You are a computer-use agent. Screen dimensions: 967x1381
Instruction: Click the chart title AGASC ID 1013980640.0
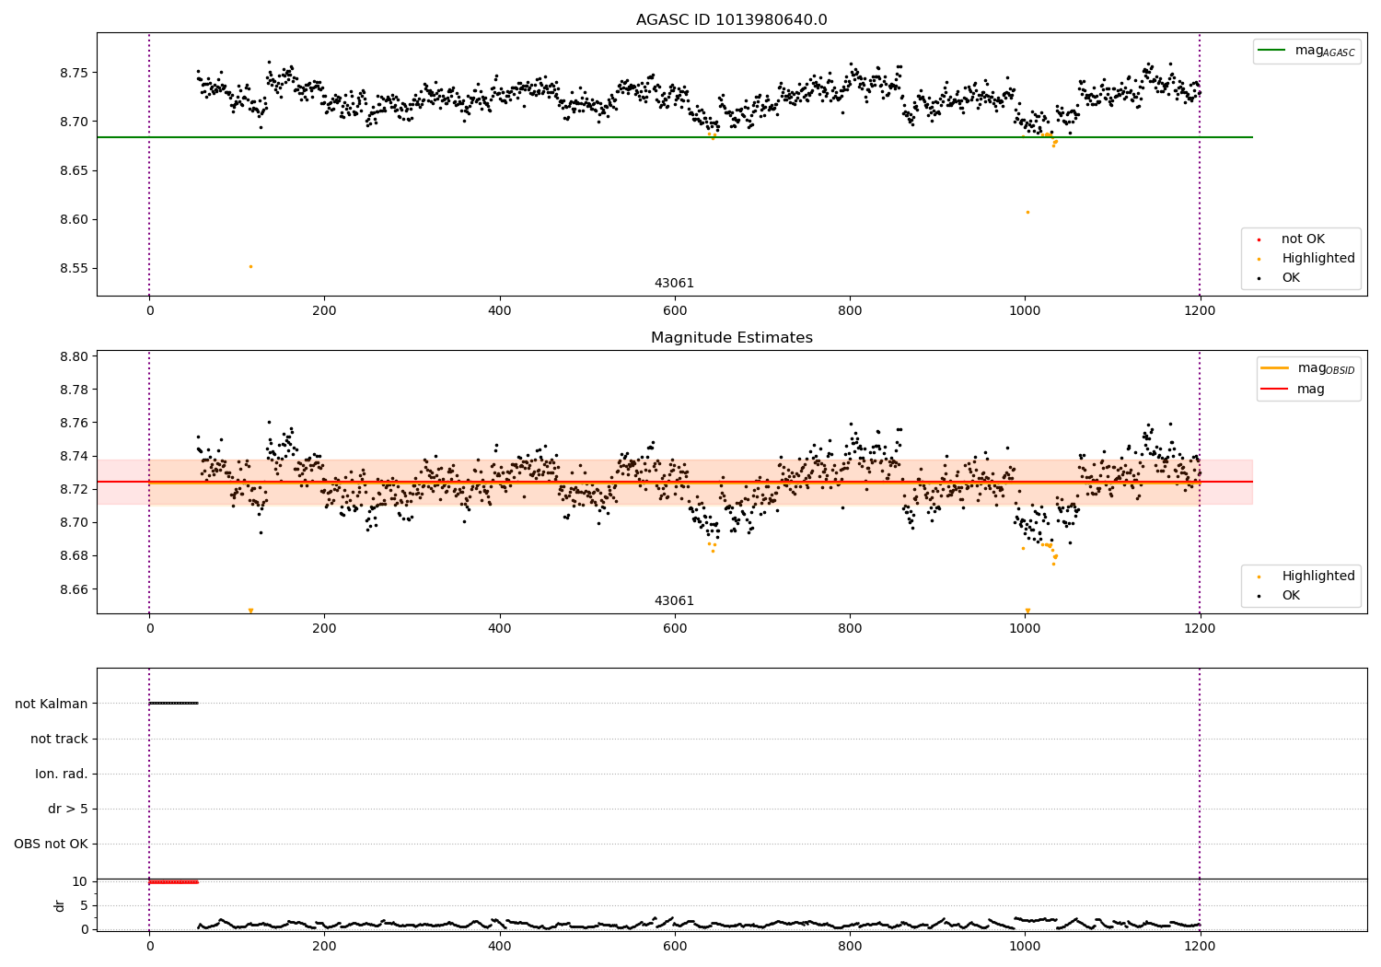[x=731, y=20]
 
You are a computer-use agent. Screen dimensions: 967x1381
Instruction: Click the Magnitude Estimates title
[x=731, y=338]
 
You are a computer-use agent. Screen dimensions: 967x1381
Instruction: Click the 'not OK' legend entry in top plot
[x=1303, y=239]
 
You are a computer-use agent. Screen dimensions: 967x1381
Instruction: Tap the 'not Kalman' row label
[x=52, y=704]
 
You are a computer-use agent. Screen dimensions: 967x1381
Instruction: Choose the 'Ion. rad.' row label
[x=62, y=774]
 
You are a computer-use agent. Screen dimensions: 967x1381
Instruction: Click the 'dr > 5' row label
[x=68, y=810]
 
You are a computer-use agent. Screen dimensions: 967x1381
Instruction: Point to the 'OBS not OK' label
[x=52, y=845]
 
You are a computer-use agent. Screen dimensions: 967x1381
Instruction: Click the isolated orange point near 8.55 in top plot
[x=250, y=266]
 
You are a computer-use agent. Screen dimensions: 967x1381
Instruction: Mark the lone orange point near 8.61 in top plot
[x=1027, y=212]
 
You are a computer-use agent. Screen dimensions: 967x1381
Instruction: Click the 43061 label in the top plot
[x=674, y=284]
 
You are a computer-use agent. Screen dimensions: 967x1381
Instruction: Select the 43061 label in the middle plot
[x=674, y=601]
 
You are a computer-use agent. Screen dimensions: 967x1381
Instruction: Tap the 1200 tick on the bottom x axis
[x=1200, y=946]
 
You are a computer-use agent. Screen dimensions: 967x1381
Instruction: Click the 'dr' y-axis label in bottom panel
[x=60, y=905]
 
